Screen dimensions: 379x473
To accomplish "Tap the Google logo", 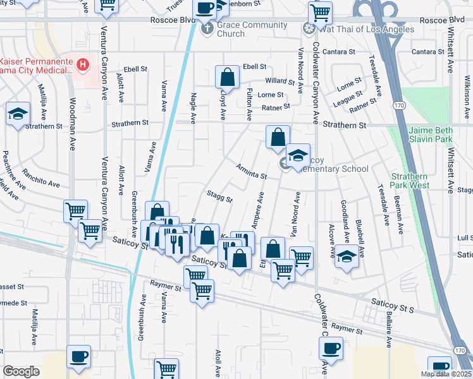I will pyautogui.click(x=21, y=371).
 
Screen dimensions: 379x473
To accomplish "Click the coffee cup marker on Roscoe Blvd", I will pyautogui.click(x=205, y=8).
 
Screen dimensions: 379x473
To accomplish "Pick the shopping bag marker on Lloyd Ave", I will pyautogui.click(x=227, y=78).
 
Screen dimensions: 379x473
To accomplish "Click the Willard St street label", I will pyautogui.click(x=280, y=81).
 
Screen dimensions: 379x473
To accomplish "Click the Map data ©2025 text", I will pyautogui.click(x=446, y=374).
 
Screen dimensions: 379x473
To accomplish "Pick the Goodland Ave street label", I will pyautogui.click(x=345, y=224).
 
